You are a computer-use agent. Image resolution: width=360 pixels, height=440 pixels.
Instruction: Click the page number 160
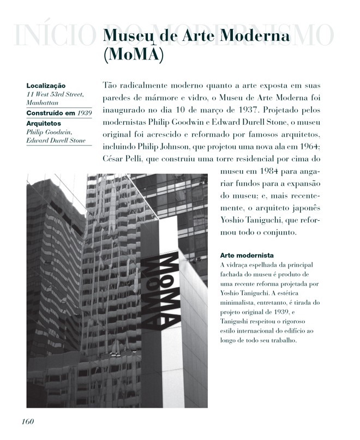[28, 422]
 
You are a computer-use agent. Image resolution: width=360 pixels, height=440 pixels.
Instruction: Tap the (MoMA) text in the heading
[133, 55]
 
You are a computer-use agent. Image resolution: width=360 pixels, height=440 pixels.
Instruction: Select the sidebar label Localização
[46, 86]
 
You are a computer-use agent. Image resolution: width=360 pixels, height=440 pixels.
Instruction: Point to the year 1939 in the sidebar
[84, 113]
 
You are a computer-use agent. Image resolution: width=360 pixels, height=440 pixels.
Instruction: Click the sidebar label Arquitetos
[44, 124]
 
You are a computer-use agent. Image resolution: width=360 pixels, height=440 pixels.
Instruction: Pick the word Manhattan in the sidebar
[42, 102]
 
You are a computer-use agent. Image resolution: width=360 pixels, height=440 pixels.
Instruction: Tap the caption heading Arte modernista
[246, 255]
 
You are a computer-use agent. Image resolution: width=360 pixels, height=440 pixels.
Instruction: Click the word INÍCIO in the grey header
[50, 36]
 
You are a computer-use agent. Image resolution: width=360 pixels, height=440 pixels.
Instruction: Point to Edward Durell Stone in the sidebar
[56, 140]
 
